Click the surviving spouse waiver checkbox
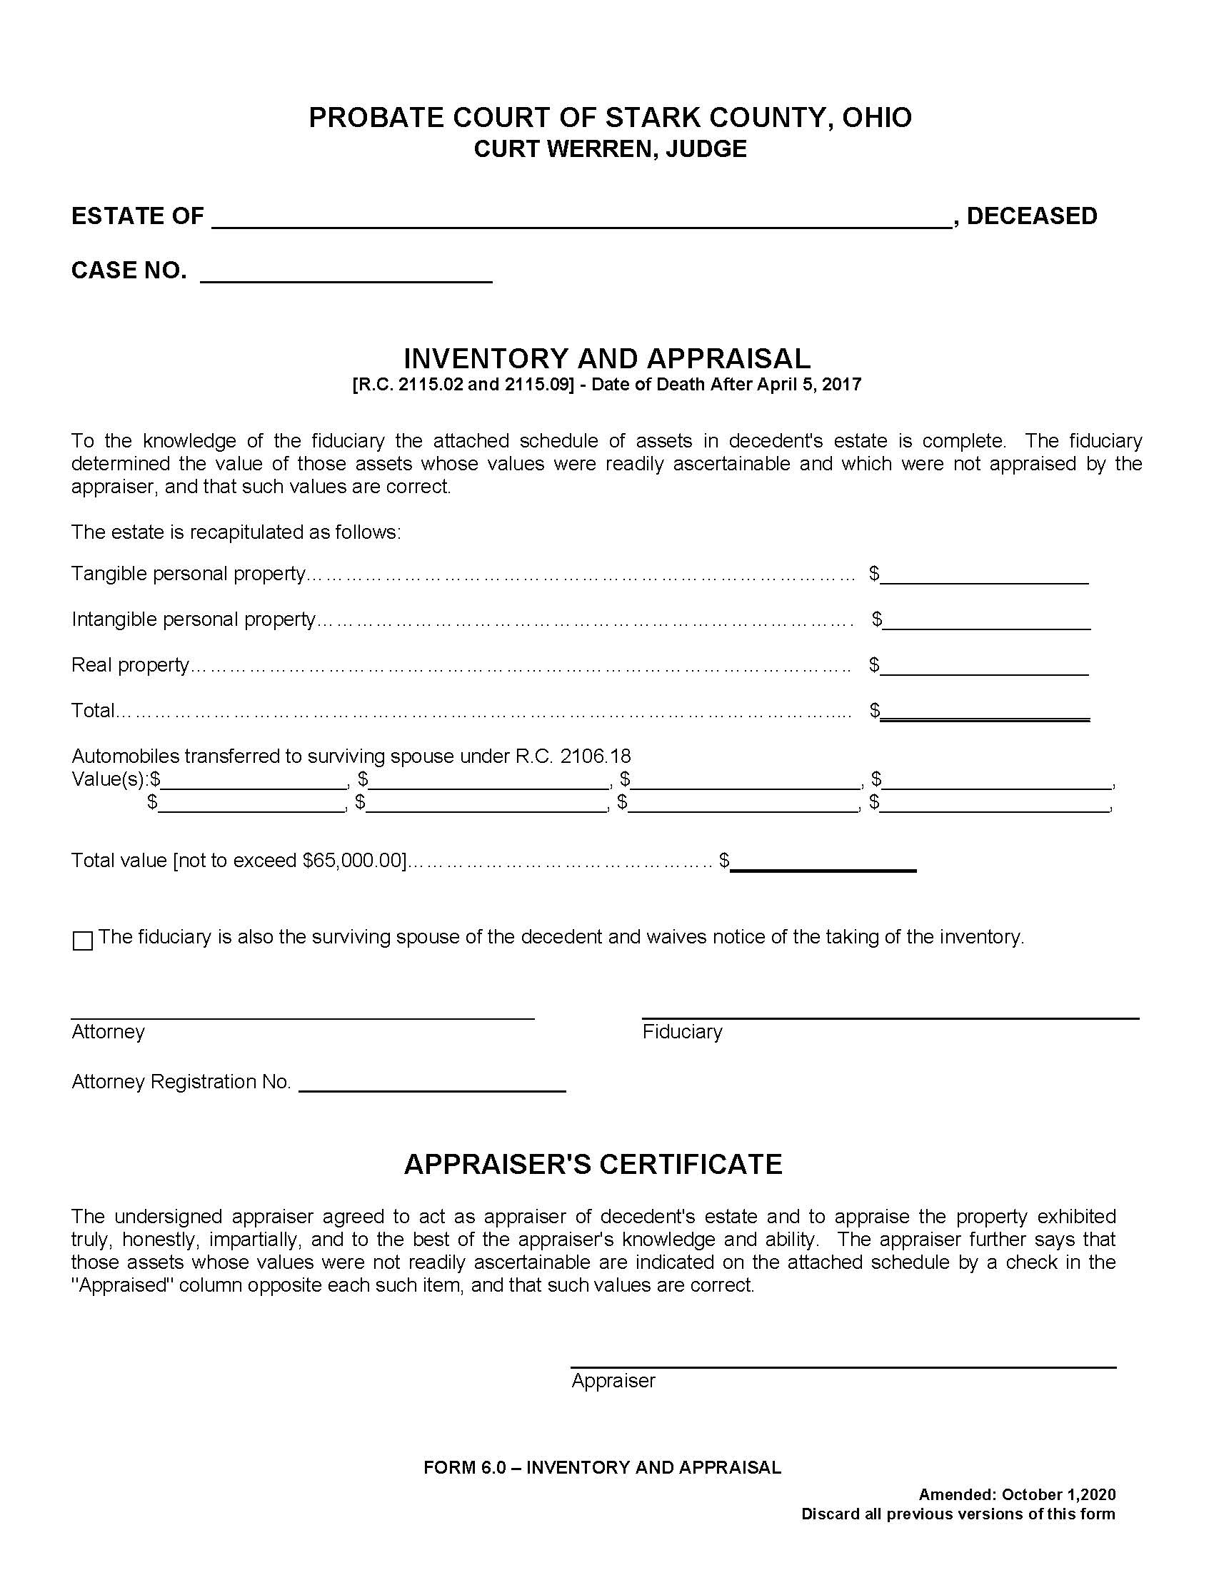83,941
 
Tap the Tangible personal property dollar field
984,576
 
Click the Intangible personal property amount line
986,622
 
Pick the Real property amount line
984,667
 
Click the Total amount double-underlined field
984,712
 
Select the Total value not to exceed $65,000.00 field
823,863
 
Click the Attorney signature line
302,1010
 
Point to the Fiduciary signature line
891,1010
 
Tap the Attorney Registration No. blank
431,1084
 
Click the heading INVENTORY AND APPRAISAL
606,358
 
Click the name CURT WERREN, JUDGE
610,149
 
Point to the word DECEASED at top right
1031,216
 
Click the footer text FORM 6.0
465,1468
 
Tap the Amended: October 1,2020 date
1057,1495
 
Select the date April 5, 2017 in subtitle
812,384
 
